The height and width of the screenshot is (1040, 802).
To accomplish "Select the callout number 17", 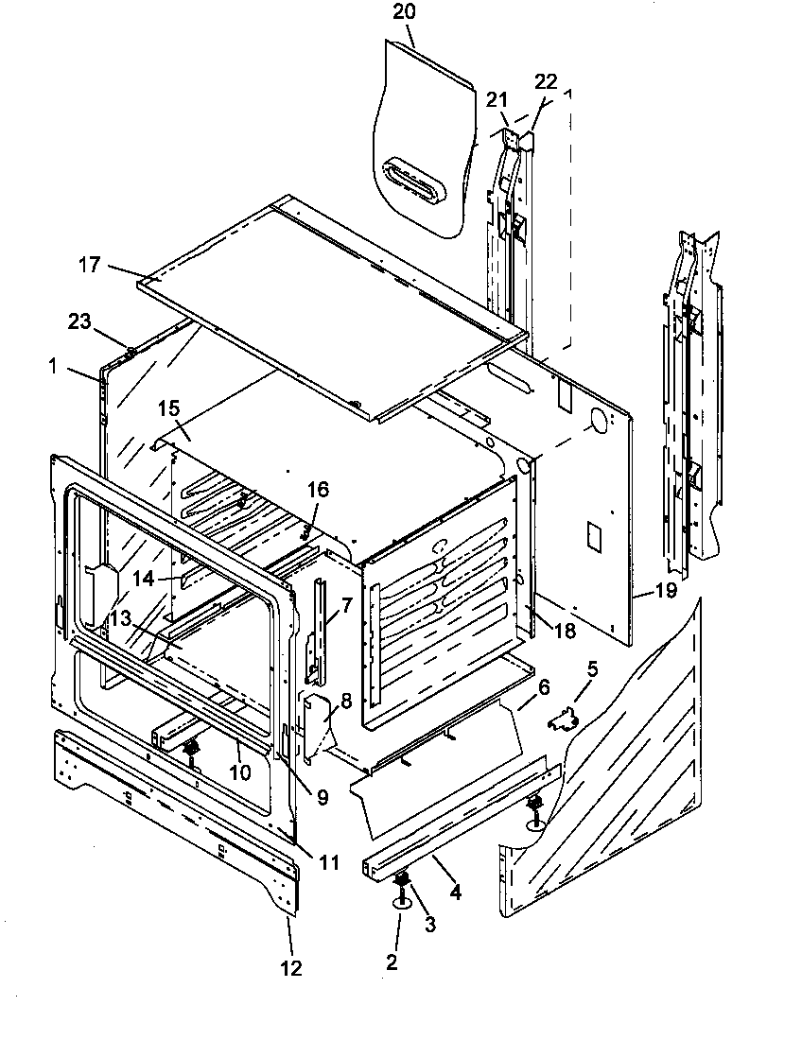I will [x=89, y=267].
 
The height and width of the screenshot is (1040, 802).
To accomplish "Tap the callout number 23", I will [x=79, y=321].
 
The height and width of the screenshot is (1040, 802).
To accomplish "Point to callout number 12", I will [x=290, y=967].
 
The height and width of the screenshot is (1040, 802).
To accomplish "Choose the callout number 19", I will [x=666, y=592].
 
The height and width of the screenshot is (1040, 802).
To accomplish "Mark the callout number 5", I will [x=592, y=670].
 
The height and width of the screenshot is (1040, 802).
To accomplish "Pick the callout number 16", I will [x=319, y=489].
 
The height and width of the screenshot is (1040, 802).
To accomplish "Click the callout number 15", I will [x=168, y=408].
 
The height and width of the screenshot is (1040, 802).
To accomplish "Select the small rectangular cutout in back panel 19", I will [x=593, y=535].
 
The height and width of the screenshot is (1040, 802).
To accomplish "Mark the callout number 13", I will [x=120, y=617].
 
